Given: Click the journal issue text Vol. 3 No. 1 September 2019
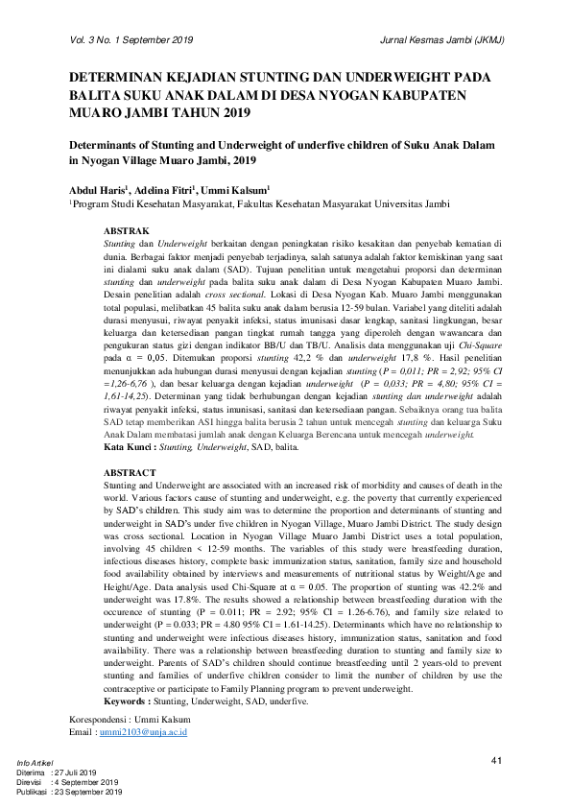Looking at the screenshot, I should click(131, 40).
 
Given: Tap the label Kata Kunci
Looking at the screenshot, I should click(129, 448).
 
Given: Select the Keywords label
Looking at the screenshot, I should click(132, 702).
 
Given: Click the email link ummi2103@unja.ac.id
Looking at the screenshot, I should click(143, 732).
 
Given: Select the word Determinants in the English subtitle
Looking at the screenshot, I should click(107, 145).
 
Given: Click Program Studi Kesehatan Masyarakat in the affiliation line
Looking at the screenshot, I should click(157, 204).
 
